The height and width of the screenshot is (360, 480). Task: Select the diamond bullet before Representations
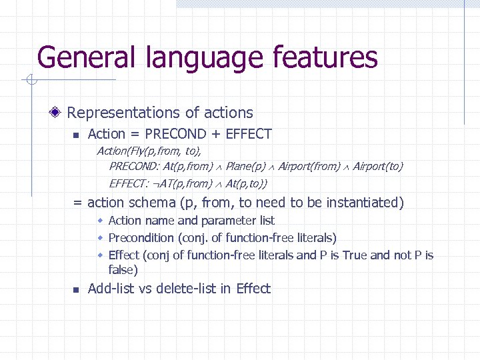[x=59, y=113]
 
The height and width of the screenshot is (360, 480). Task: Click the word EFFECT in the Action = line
[x=249, y=134]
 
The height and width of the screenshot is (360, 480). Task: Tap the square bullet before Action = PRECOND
[x=75, y=135]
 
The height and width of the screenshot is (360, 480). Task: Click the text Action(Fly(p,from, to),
[x=149, y=151]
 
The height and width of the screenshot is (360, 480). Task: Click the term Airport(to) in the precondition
[x=378, y=166]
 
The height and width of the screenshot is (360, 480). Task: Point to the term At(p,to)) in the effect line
[x=247, y=183]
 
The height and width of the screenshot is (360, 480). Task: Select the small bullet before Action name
[x=100, y=221]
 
